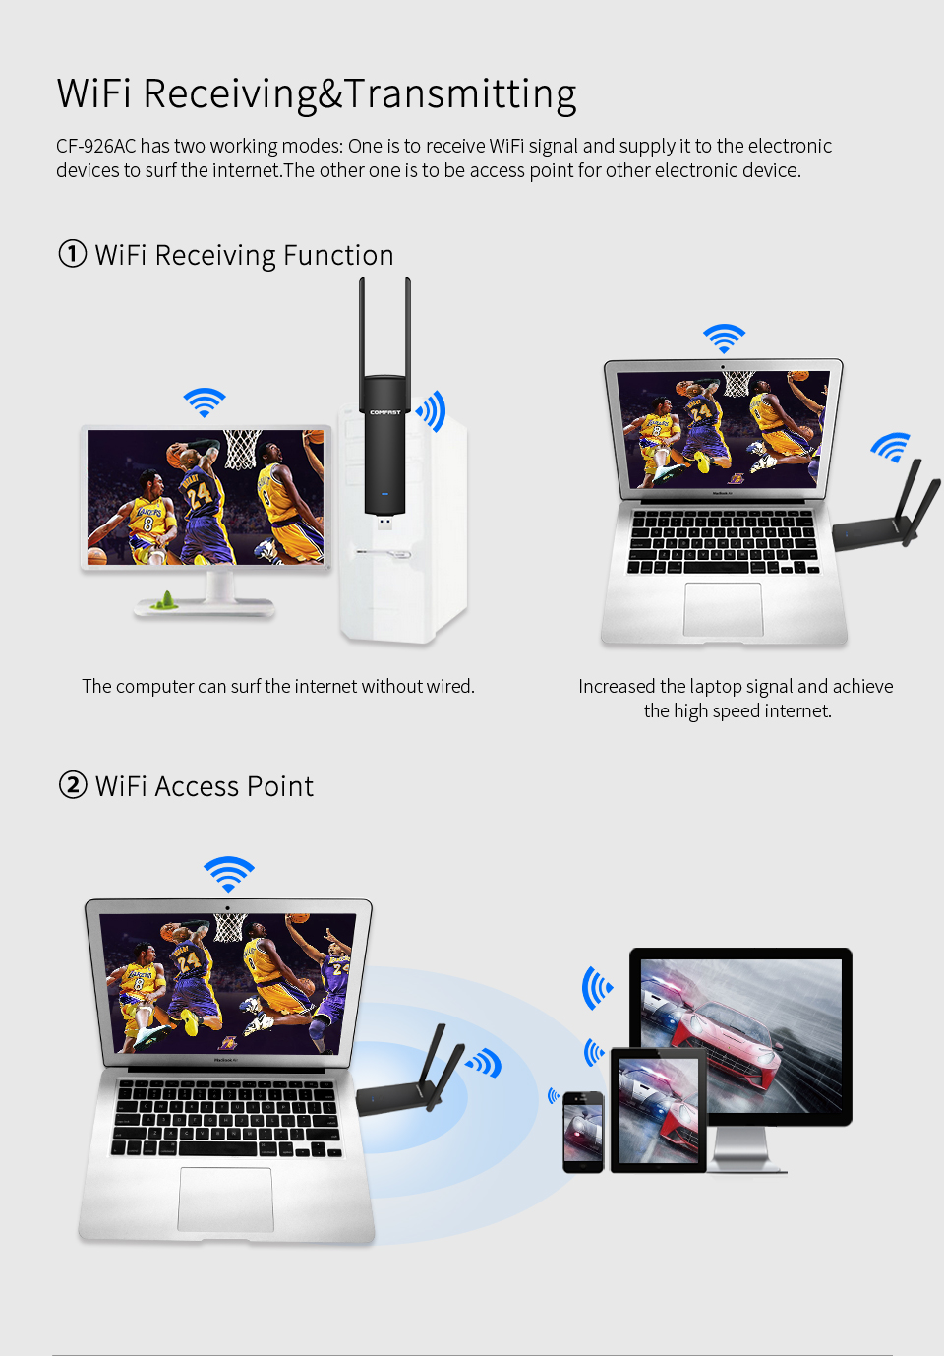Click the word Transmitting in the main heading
[460, 94]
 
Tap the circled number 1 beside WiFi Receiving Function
[72, 254]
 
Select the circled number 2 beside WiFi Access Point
[73, 785]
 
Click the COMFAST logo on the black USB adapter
[385, 412]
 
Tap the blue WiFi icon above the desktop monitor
[205, 401]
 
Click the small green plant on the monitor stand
[164, 600]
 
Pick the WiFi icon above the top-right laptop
[724, 339]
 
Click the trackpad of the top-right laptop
[723, 609]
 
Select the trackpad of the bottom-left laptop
[225, 1200]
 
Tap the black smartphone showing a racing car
[583, 1132]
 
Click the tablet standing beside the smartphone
[658, 1110]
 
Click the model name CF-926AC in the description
[95, 146]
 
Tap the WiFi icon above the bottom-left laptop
[228, 874]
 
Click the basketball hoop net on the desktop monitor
[243, 449]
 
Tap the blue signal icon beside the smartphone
[554, 1095]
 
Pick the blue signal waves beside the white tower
[432, 411]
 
